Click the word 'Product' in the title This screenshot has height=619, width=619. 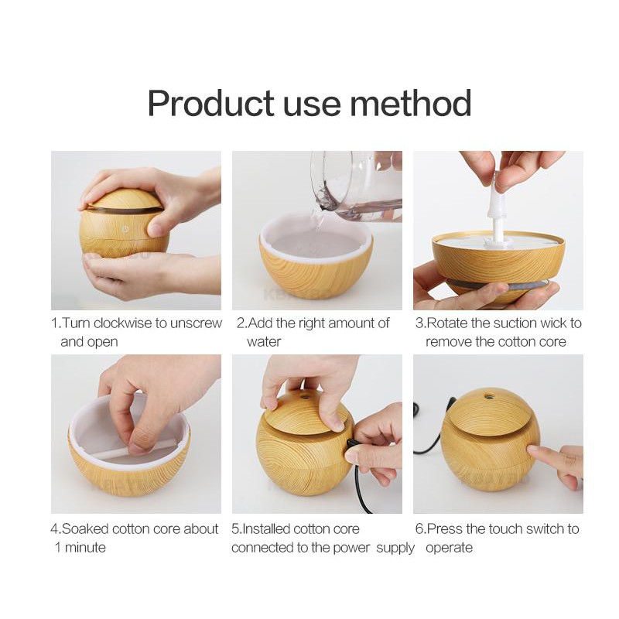click(210, 103)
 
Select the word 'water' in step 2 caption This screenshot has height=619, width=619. click(264, 341)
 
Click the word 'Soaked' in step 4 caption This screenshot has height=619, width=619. click(85, 528)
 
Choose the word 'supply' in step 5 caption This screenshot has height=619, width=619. click(395, 547)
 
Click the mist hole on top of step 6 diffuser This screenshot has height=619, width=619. click(488, 397)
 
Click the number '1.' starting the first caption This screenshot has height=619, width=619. click(56, 323)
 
